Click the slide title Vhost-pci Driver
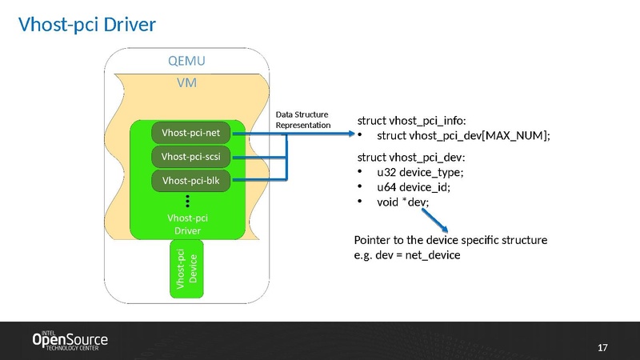click(x=86, y=26)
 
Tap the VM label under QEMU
click(x=186, y=82)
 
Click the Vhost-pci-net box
click(x=191, y=132)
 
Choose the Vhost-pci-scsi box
click(x=191, y=156)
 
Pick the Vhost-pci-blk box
click(x=191, y=181)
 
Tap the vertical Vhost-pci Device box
click(x=186, y=267)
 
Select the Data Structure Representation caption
click(x=303, y=119)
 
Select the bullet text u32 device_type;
click(x=419, y=172)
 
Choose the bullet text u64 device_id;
click(x=413, y=187)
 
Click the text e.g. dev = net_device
click(x=408, y=255)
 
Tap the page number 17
click(x=603, y=347)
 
